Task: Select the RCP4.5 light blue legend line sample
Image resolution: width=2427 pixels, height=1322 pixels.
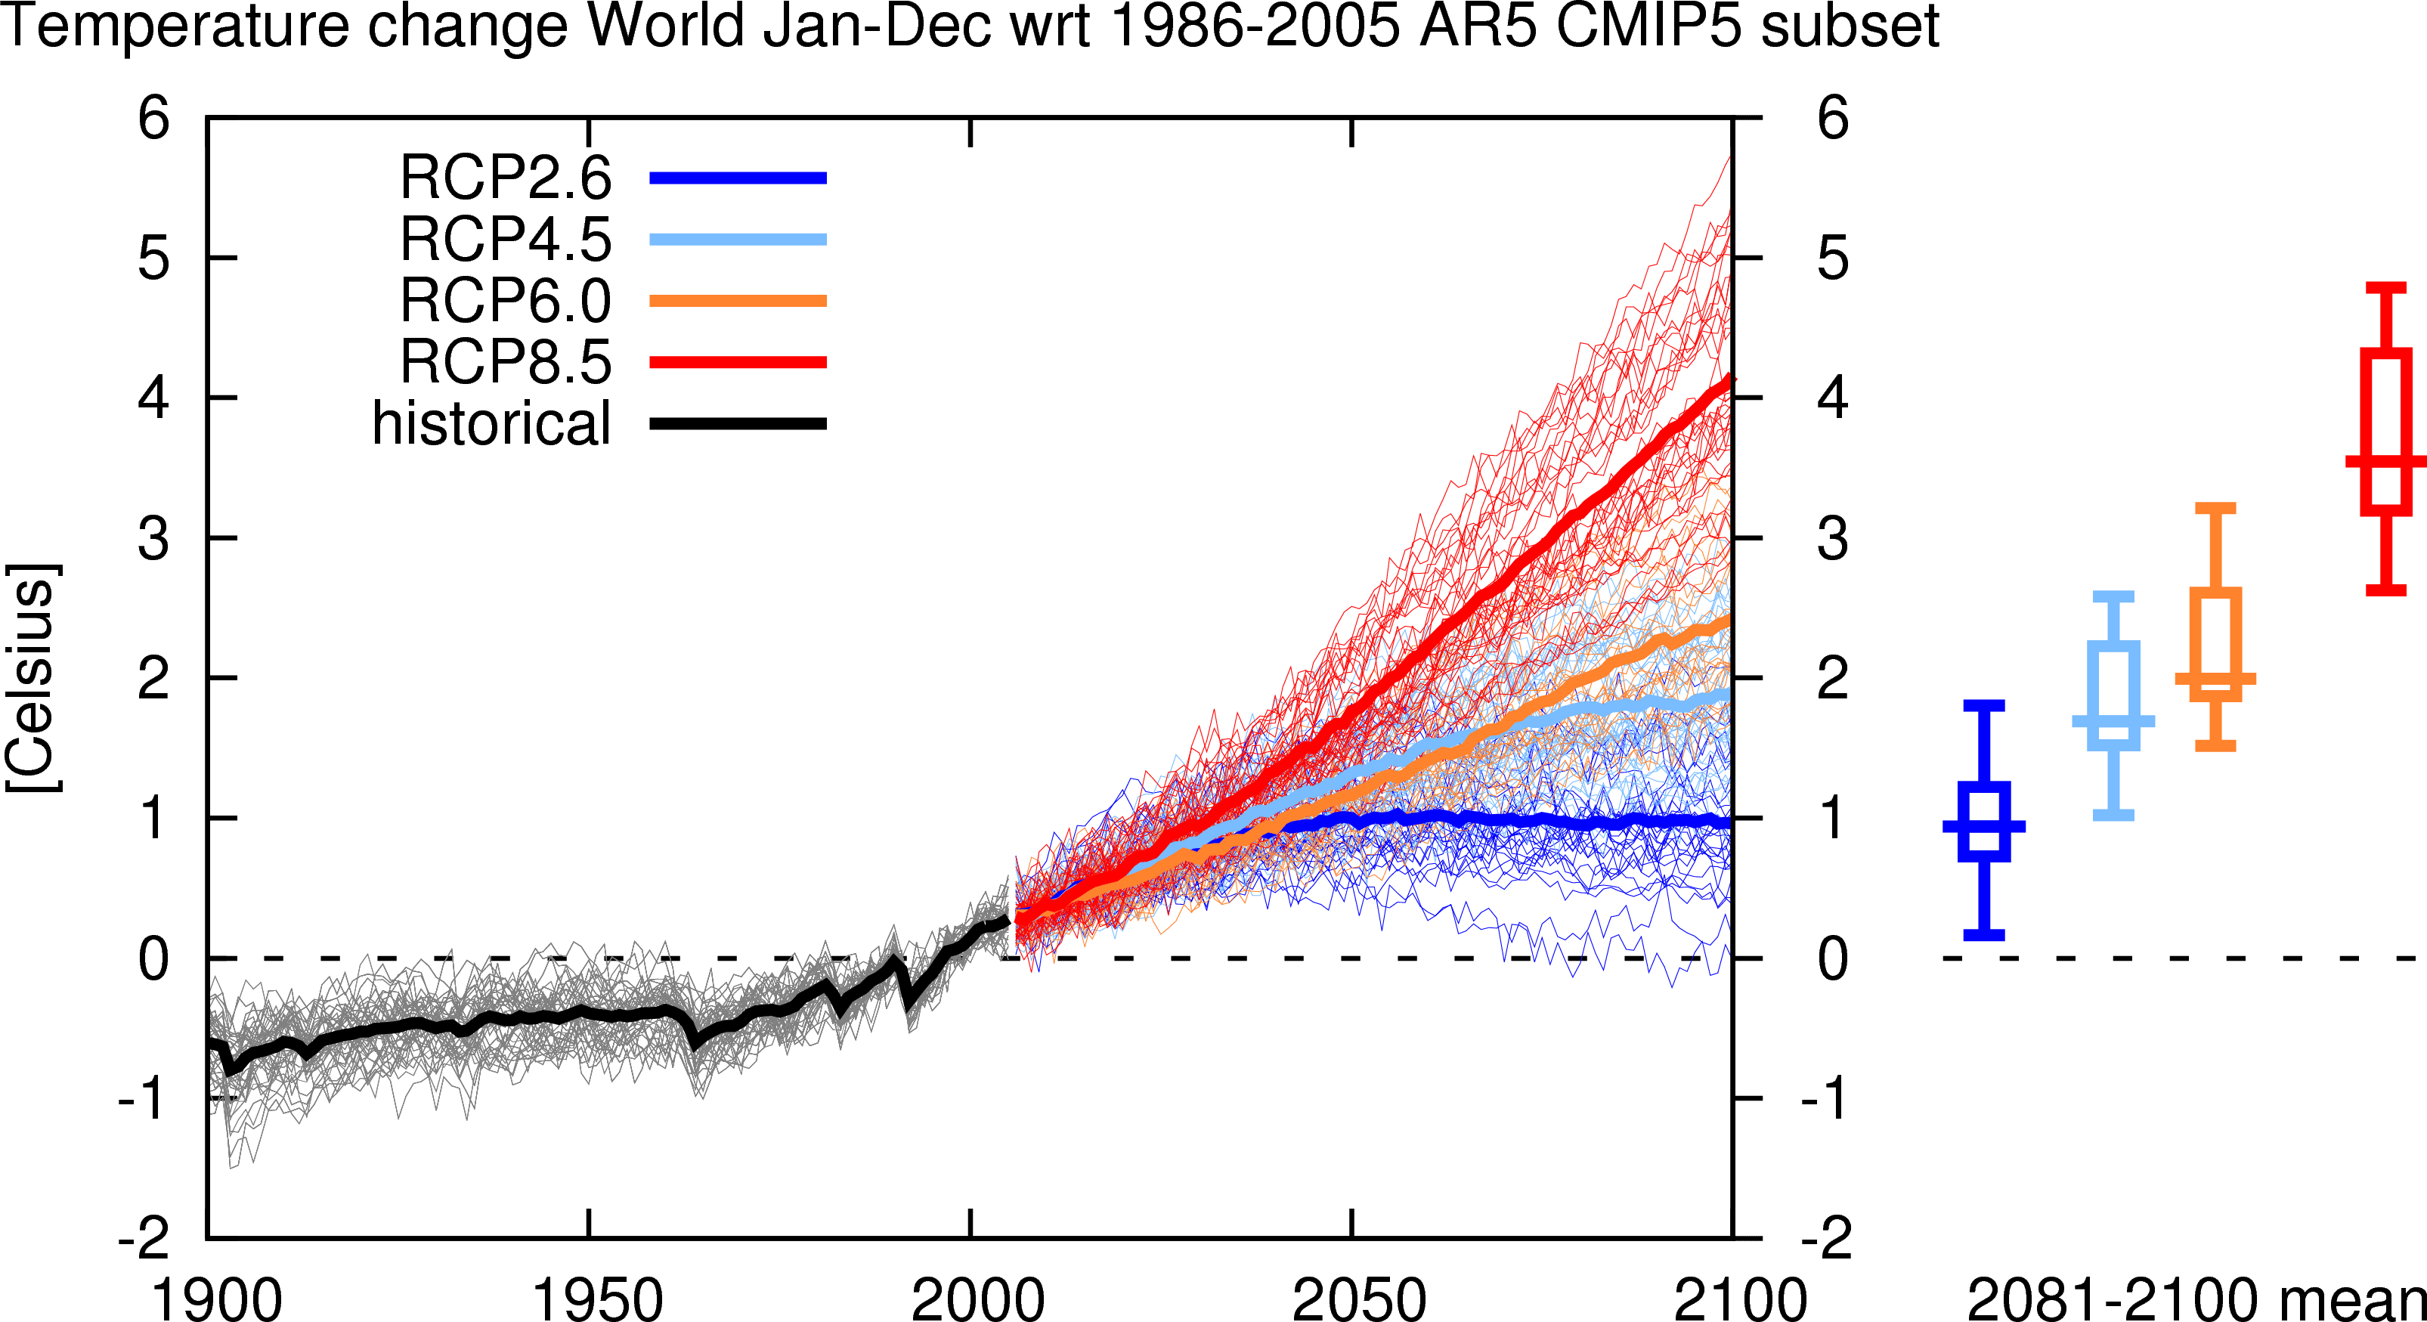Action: [738, 240]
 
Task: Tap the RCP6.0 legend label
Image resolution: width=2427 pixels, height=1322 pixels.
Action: [506, 301]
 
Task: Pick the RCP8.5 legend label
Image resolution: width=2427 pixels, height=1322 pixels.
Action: [506, 362]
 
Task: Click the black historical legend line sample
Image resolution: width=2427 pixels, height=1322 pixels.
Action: [738, 424]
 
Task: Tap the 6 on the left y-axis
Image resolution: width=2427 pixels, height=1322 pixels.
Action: [153, 119]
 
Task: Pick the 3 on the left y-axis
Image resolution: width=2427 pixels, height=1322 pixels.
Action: [153, 539]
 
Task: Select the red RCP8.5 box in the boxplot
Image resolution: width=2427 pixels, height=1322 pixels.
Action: [2385, 432]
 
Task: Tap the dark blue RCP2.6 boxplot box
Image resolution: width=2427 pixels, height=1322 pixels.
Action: [1983, 821]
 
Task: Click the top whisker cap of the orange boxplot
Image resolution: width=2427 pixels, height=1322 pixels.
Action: [2215, 508]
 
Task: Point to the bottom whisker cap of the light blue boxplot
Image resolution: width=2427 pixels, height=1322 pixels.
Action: [2113, 814]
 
